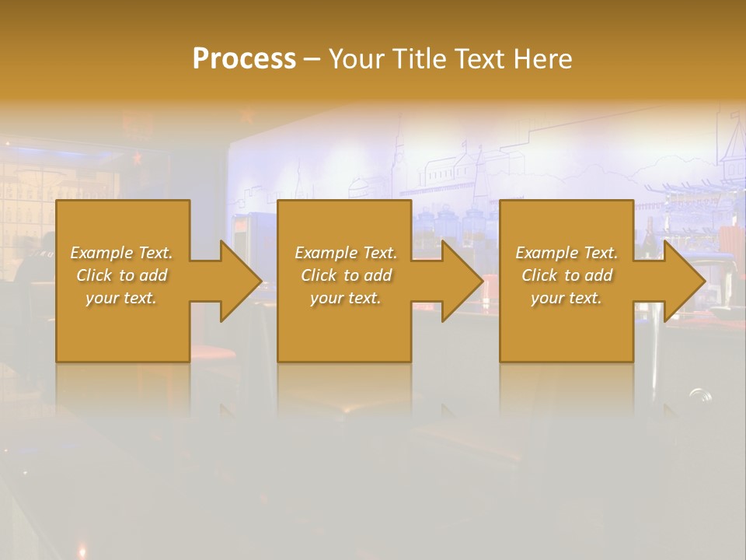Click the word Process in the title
pyautogui.click(x=244, y=59)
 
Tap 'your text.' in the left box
pyautogui.click(x=121, y=298)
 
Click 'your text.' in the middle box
pyautogui.click(x=346, y=298)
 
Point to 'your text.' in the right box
pyautogui.click(x=566, y=298)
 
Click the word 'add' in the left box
pyautogui.click(x=153, y=275)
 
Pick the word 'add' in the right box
pyautogui.click(x=598, y=275)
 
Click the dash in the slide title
pyautogui.click(x=312, y=59)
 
